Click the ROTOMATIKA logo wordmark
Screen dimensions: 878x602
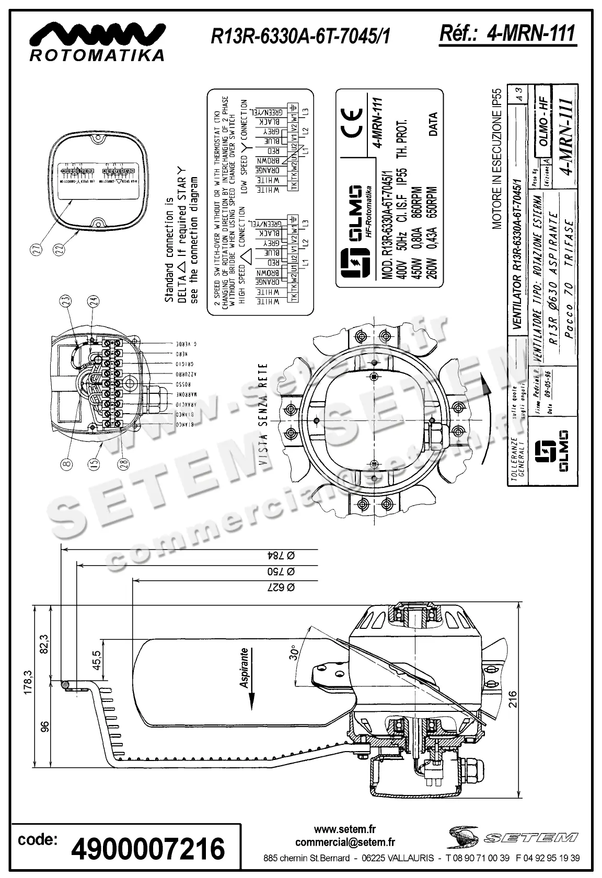pos(97,55)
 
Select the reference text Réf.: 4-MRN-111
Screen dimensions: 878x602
pos(507,34)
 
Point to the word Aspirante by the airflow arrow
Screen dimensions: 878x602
pos(244,669)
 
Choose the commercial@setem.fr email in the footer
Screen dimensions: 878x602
pos(345,842)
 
